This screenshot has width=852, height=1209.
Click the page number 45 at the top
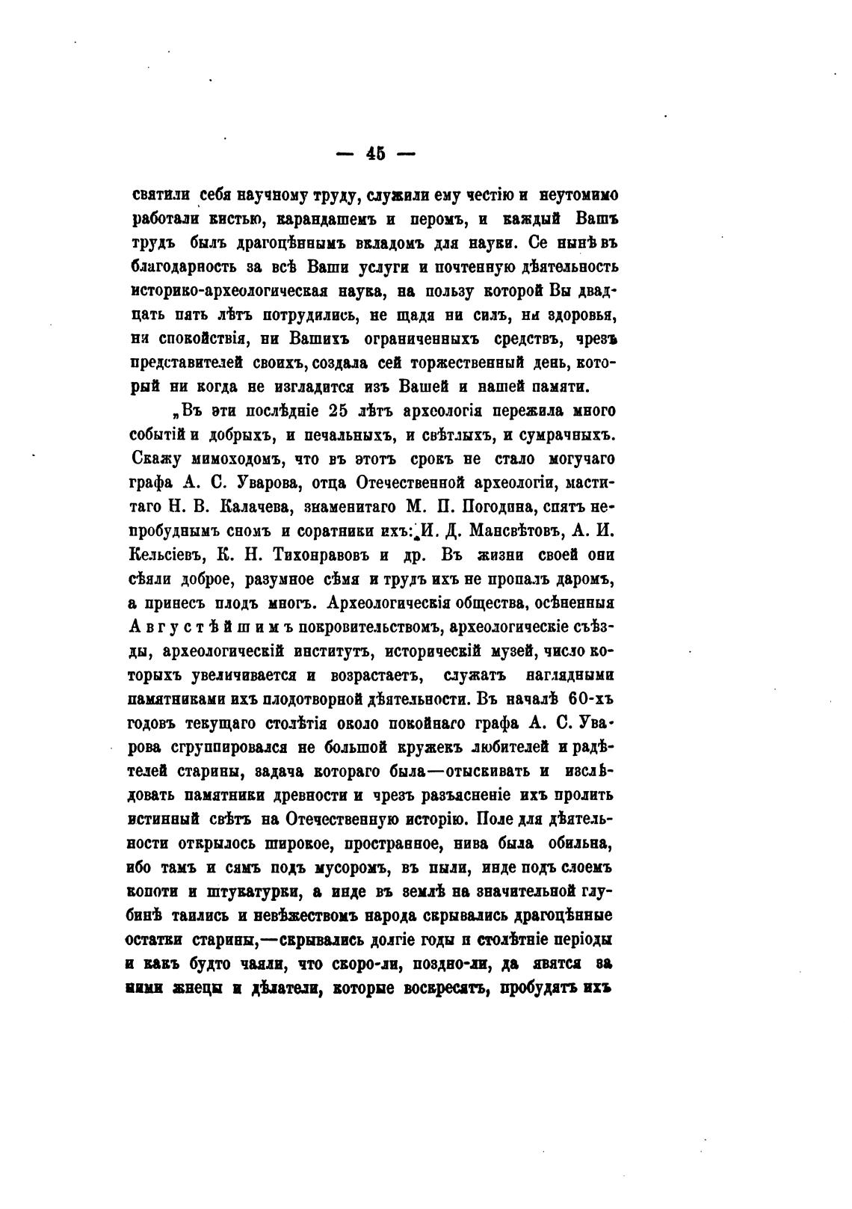point(375,153)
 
